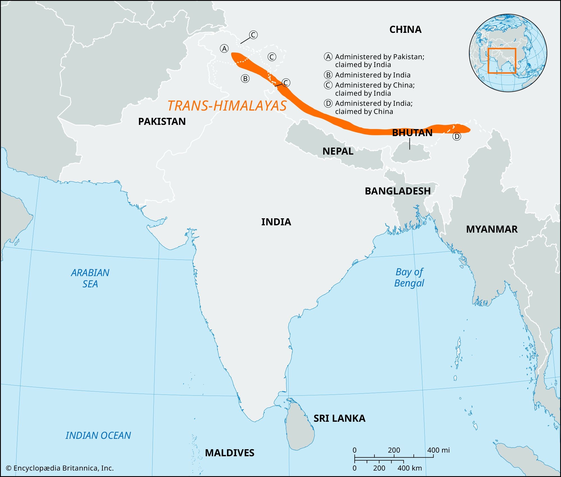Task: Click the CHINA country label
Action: [405, 29]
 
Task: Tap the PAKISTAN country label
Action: [162, 121]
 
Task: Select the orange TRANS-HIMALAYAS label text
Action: [227, 106]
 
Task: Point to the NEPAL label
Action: [338, 151]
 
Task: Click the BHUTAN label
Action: [412, 133]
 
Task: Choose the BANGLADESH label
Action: [397, 191]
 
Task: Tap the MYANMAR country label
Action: [491, 229]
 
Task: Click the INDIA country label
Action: [276, 222]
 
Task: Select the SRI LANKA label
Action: [339, 418]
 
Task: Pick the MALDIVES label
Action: [229, 453]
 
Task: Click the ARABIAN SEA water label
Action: [90, 278]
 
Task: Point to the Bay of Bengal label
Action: [409, 277]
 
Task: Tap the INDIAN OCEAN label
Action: [98, 435]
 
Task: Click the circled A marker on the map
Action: [224, 49]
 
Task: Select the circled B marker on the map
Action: [245, 79]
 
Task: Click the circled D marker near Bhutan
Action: [457, 137]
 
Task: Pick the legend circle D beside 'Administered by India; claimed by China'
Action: [328, 104]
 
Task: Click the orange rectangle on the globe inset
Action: [502, 61]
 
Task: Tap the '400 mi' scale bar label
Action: [438, 450]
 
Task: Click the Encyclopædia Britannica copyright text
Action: [60, 468]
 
